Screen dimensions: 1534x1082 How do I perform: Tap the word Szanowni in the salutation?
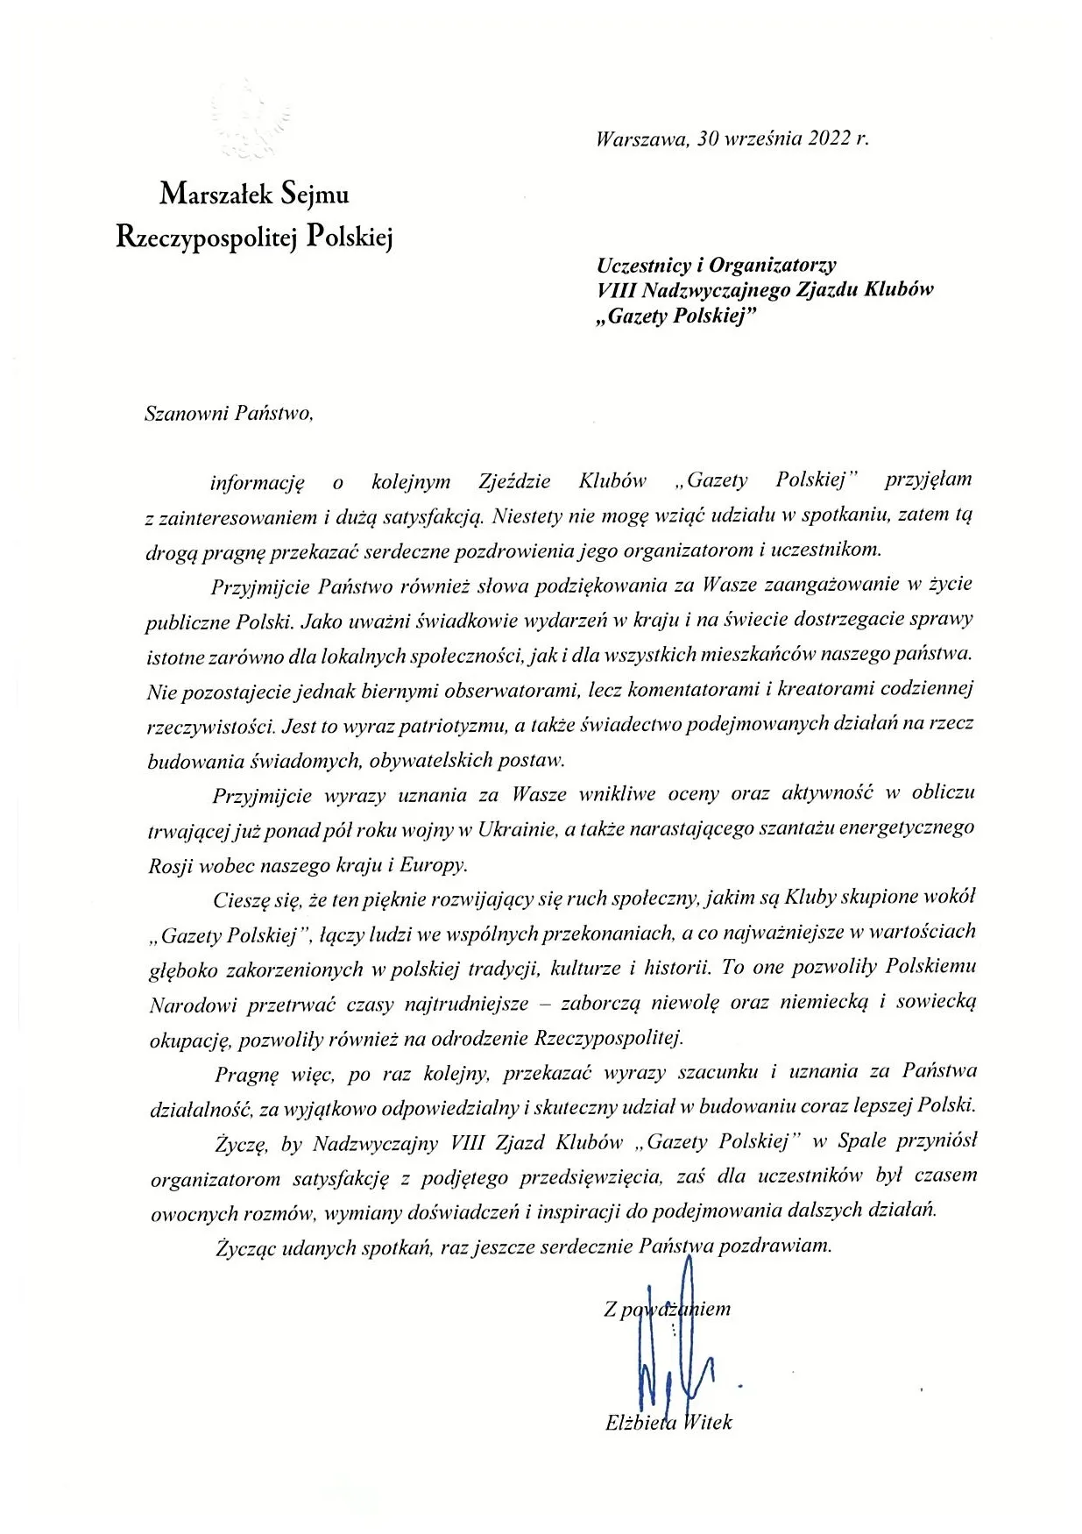coord(185,414)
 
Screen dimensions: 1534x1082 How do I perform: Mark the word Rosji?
coord(172,864)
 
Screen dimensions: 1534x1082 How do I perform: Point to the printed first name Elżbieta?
coord(640,1423)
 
